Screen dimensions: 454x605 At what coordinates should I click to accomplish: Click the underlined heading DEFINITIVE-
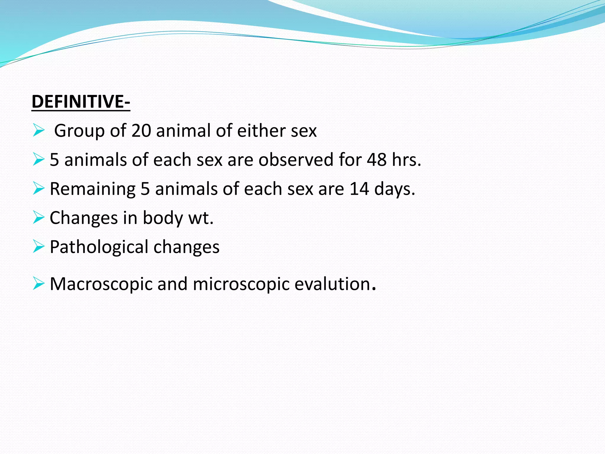(81, 102)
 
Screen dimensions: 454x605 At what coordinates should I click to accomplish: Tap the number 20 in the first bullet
(141, 131)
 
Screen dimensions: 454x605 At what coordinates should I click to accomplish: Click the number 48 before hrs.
(377, 160)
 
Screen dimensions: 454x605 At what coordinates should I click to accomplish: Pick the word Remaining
(92, 189)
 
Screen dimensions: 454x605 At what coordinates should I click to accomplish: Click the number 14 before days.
(359, 189)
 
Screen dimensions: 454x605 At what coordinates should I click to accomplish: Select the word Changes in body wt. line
(84, 218)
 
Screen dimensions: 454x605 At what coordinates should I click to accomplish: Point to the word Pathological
(99, 247)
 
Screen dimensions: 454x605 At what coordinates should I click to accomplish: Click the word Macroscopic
(101, 284)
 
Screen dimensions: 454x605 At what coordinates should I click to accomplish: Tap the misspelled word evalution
(332, 284)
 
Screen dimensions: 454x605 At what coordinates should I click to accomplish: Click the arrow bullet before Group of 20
(39, 130)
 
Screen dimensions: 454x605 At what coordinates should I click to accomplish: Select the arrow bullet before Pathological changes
(39, 247)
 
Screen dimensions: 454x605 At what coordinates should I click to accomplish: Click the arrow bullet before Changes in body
(39, 218)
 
